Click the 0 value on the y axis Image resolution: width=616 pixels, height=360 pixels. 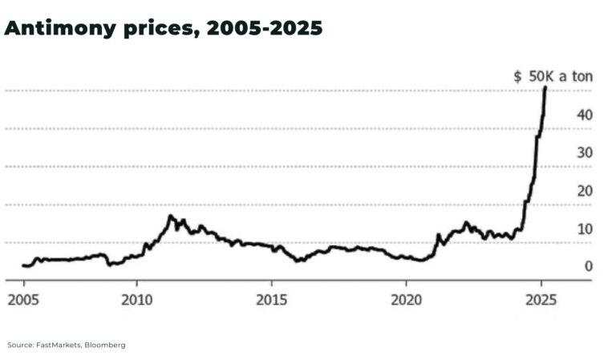pyautogui.click(x=588, y=266)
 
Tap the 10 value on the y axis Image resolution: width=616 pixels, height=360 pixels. pyautogui.click(x=585, y=229)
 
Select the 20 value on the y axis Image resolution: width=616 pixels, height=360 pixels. pyautogui.click(x=585, y=191)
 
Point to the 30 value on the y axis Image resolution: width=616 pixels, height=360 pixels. pyautogui.click(x=585, y=152)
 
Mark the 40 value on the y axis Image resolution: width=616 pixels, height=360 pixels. pyautogui.click(x=585, y=115)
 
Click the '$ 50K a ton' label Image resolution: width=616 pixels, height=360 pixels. pyautogui.click(x=552, y=77)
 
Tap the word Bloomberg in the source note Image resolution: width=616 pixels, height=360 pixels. pyautogui.click(x=107, y=345)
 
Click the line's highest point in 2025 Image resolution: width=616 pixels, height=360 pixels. pyautogui.click(x=545, y=87)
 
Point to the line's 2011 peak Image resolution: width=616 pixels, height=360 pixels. pyautogui.click(x=170, y=216)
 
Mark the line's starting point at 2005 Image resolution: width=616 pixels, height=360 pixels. pyautogui.click(x=24, y=265)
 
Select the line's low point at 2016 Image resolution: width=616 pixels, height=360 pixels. pyautogui.click(x=298, y=261)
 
